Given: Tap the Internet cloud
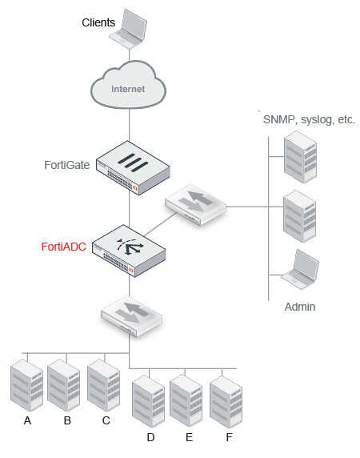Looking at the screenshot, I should (x=129, y=89).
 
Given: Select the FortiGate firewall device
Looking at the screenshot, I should (x=134, y=167).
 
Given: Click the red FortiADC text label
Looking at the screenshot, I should (x=64, y=247).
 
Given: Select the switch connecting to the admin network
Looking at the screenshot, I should (x=195, y=206).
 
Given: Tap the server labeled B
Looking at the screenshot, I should (x=66, y=386).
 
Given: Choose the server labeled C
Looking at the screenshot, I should (x=105, y=386).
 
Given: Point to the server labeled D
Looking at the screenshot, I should (x=149, y=401).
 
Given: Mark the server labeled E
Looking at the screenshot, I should (x=187, y=401).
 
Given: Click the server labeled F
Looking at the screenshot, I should (x=226, y=401).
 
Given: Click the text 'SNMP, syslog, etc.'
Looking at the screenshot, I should (x=309, y=119).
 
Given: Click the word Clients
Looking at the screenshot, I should (x=98, y=22).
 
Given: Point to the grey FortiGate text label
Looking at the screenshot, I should (x=66, y=165).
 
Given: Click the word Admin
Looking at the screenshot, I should (x=300, y=307).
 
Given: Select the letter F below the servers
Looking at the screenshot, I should (x=229, y=438).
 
